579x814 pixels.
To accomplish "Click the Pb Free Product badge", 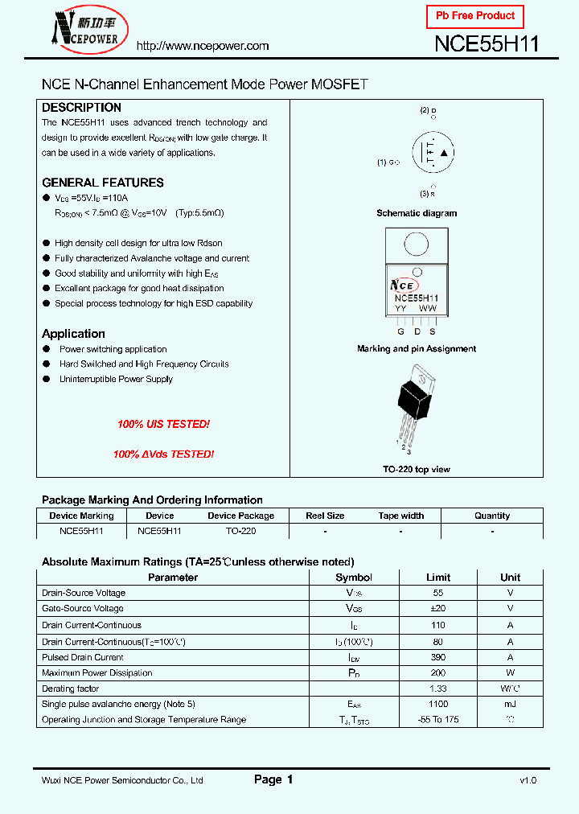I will click(475, 16).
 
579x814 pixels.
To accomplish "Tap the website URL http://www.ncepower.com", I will click(202, 46).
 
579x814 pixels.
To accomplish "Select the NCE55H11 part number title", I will click(486, 44).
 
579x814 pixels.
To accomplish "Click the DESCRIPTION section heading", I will click(81, 108).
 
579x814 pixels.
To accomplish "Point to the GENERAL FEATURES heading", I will click(102, 183).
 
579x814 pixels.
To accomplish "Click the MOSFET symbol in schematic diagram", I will click(433, 153).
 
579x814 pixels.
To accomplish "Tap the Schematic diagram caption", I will click(417, 213).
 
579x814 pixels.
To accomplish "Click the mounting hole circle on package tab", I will click(416, 244).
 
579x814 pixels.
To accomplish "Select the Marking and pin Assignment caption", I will click(417, 349).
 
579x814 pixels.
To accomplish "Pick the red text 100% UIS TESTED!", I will click(163, 424).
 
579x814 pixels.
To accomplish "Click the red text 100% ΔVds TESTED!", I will click(163, 454).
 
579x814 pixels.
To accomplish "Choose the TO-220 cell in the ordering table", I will click(240, 531).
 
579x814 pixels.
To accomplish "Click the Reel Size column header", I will click(325, 516).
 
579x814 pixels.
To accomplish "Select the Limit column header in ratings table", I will click(438, 578).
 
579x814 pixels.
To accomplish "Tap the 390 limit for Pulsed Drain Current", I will click(438, 657).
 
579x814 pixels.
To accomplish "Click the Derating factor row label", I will click(70, 689).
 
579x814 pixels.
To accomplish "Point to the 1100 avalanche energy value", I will click(438, 704).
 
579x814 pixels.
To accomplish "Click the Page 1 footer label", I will click(273, 779).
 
